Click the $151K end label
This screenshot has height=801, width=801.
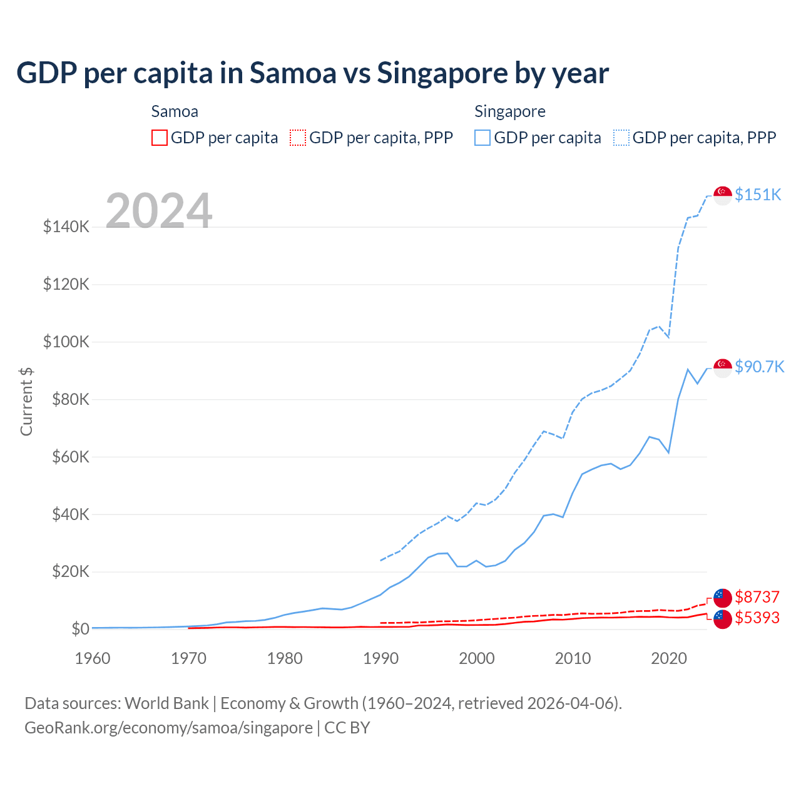pyautogui.click(x=758, y=195)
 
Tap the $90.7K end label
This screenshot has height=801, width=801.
pyautogui.click(x=759, y=367)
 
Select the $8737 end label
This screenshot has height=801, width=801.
pyautogui.click(x=757, y=597)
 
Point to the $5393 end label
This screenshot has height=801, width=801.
pyautogui.click(x=757, y=618)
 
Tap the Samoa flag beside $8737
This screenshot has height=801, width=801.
pyautogui.click(x=723, y=598)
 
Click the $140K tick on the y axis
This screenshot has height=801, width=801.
pyautogui.click(x=66, y=227)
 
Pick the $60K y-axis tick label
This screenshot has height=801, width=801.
pyautogui.click(x=66, y=457)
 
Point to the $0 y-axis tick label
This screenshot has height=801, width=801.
pyautogui.click(x=80, y=629)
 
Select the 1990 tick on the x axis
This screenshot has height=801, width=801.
pyautogui.click(x=380, y=658)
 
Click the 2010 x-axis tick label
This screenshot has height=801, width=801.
pyautogui.click(x=573, y=658)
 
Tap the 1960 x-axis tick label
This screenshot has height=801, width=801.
pyautogui.click(x=93, y=658)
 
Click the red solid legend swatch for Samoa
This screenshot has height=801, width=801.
pyautogui.click(x=160, y=138)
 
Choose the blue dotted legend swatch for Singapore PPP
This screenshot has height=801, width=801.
pyautogui.click(x=621, y=138)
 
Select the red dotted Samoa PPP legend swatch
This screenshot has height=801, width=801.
pyautogui.click(x=298, y=138)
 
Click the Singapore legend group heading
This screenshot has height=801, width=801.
pyautogui.click(x=510, y=111)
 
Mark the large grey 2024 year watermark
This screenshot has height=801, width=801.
pyautogui.click(x=159, y=211)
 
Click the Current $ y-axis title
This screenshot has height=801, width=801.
pyautogui.click(x=26, y=402)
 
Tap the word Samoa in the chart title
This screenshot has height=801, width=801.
pyautogui.click(x=293, y=73)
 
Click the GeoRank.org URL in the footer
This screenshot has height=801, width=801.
pyautogui.click(x=168, y=728)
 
